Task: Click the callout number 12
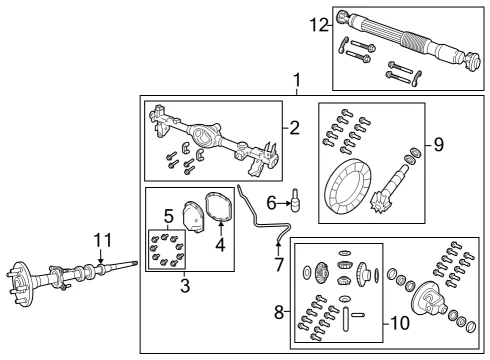click(x=319, y=25)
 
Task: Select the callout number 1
click(x=296, y=81)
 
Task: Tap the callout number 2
click(x=294, y=128)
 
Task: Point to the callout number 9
click(x=439, y=145)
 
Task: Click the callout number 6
click(x=272, y=203)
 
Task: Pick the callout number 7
click(x=279, y=264)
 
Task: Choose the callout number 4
click(x=220, y=245)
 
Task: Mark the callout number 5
click(x=169, y=216)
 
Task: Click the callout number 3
click(x=185, y=286)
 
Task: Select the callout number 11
click(x=103, y=240)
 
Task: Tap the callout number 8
click(x=279, y=313)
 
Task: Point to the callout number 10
click(x=400, y=323)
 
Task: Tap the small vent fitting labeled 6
click(x=295, y=200)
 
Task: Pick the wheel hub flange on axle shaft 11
click(x=21, y=284)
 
